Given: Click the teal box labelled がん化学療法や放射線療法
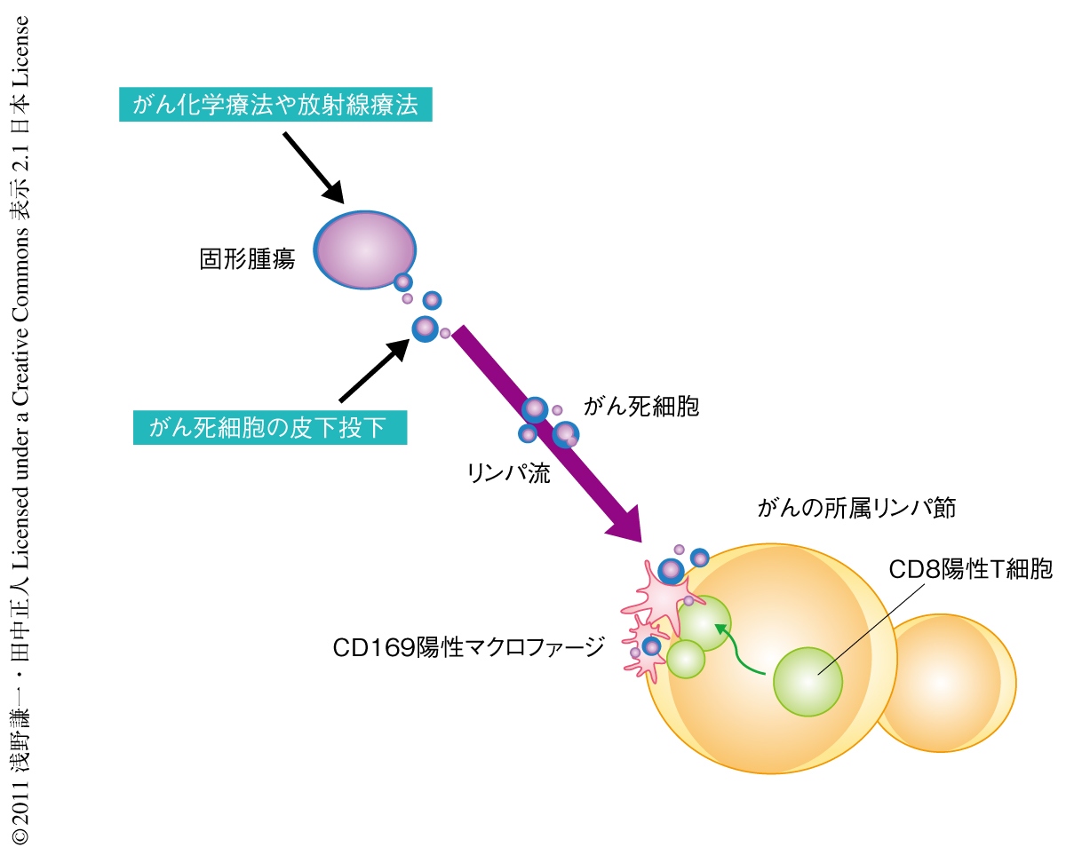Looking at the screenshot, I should pyautogui.click(x=275, y=105).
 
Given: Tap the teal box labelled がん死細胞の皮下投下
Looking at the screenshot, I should pyautogui.click(x=270, y=427).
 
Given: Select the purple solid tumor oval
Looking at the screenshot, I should pyautogui.click(x=364, y=249).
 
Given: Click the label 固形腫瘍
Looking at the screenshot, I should pyautogui.click(x=247, y=260).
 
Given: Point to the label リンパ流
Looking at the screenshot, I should pyautogui.click(x=509, y=472).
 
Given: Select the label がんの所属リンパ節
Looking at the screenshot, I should pyautogui.click(x=856, y=509).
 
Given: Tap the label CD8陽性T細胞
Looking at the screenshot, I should pyautogui.click(x=971, y=569).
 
